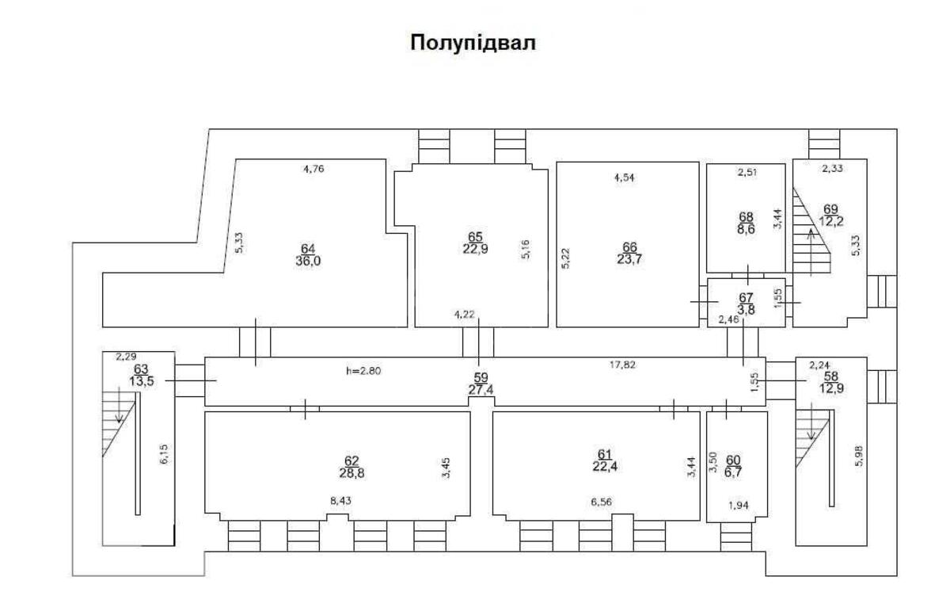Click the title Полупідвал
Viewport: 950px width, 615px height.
473,43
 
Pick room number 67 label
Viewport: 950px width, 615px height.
746,297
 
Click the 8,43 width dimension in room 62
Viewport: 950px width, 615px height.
341,501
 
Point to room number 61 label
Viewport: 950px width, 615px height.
605,453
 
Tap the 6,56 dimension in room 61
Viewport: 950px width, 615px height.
601,501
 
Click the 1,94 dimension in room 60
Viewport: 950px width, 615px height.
738,504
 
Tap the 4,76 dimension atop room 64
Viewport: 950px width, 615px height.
314,168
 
